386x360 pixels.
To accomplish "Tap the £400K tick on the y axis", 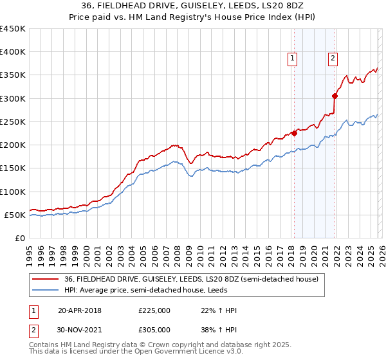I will pyautogui.click(x=12, y=52).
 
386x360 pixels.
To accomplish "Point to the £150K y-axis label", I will pyautogui.click(x=12, y=168).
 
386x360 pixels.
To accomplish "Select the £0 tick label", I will pyautogui.click(x=19, y=238).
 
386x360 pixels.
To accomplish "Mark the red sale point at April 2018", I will pyautogui.click(x=294, y=133).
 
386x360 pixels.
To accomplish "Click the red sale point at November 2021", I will pyautogui.click(x=335, y=96).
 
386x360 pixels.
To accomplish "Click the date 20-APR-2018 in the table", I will pyautogui.click(x=79, y=310).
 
